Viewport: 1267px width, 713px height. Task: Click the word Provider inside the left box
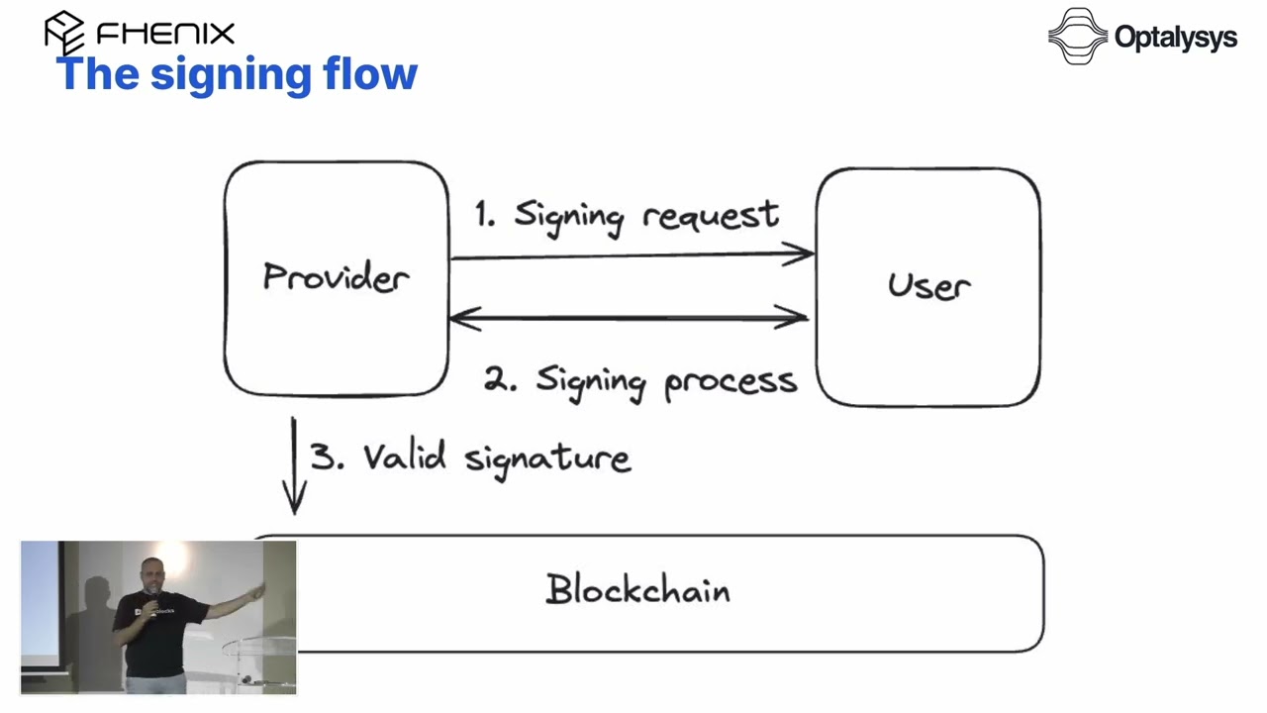pos(336,276)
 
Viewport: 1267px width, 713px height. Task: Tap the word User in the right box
pos(929,285)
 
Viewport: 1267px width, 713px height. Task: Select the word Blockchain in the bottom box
pos(637,589)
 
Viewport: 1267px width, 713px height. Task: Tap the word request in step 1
pos(711,216)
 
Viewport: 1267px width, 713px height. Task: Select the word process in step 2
pos(731,382)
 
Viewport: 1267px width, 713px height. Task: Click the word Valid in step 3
pos(405,457)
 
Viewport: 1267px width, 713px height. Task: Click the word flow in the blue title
pos(370,73)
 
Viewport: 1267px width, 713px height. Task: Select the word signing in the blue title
pos(231,76)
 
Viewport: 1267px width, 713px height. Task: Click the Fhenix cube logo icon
pos(64,31)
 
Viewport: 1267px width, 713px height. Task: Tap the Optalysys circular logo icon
pos(1078,37)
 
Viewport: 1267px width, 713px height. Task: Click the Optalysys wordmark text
pos(1175,39)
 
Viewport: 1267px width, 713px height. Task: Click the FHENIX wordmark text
pos(165,34)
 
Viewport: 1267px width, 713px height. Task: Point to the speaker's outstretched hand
pos(257,591)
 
